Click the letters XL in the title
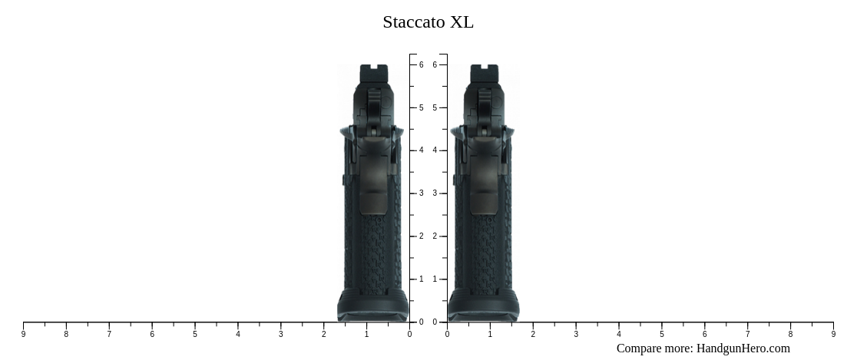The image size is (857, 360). (x=462, y=21)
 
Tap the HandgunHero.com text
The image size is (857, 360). (x=743, y=348)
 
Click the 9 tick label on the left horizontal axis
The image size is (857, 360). (x=23, y=334)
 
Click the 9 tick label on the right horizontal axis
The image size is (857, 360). (x=833, y=334)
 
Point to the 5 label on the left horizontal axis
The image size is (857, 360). (x=195, y=334)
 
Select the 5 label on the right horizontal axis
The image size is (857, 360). (x=661, y=334)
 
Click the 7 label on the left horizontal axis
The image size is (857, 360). (x=109, y=334)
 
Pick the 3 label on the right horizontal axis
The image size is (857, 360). (x=575, y=334)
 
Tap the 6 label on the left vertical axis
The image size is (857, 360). (x=421, y=65)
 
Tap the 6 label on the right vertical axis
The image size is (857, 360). (x=435, y=65)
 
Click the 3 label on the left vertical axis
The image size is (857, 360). (x=421, y=193)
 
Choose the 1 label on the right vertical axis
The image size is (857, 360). (x=435, y=279)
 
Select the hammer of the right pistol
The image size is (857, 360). (x=484, y=104)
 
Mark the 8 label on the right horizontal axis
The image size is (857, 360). (x=790, y=334)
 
